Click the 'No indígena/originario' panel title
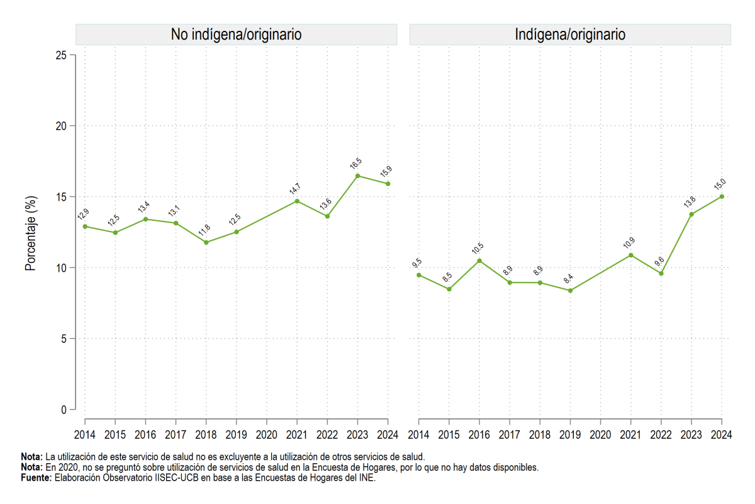[x=236, y=35]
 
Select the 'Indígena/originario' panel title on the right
[x=570, y=35]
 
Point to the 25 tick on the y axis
[x=62, y=55]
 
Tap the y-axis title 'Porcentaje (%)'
[x=31, y=233]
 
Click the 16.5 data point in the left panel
[x=357, y=176]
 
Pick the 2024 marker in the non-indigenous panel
[x=388, y=184]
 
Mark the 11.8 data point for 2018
[x=206, y=242]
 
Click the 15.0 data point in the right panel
[x=722, y=196]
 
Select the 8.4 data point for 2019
[x=570, y=291]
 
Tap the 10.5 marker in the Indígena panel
[x=479, y=261]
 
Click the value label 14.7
[x=294, y=189]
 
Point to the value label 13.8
[x=690, y=201]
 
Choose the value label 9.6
[x=659, y=261]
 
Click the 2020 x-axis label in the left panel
[x=267, y=435]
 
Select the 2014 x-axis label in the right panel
[x=418, y=435]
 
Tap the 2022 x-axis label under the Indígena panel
[x=661, y=435]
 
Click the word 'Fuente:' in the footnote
[x=36, y=478]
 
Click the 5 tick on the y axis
[x=64, y=339]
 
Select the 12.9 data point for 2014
[x=85, y=227]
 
